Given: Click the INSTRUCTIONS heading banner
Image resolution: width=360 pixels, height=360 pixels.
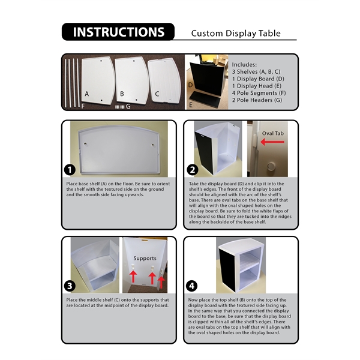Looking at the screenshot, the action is pyautogui.click(x=118, y=32).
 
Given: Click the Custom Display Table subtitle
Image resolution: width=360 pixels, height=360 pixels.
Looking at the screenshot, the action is pyautogui.click(x=236, y=33).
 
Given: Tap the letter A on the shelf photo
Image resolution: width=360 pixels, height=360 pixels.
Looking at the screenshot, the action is pyautogui.click(x=86, y=94).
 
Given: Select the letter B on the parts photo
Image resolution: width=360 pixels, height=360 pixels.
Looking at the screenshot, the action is pyautogui.click(x=122, y=94).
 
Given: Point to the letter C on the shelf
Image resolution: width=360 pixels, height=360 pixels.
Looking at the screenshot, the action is pyautogui.click(x=157, y=94).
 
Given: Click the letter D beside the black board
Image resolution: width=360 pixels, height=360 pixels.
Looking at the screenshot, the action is pyautogui.click(x=190, y=85).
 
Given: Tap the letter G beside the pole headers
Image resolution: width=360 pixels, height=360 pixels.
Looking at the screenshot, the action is pyautogui.click(x=128, y=107).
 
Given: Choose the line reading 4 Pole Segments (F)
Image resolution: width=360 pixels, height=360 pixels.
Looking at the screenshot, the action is pyautogui.click(x=259, y=93).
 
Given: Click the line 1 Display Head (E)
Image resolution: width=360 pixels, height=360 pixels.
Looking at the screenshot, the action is pyautogui.click(x=256, y=86).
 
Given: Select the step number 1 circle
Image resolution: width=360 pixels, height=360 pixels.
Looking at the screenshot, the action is pyautogui.click(x=70, y=170).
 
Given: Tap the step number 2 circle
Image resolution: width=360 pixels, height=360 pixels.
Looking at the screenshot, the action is pyautogui.click(x=193, y=170).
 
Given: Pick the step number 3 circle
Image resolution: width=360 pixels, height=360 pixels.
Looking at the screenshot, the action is pyautogui.click(x=70, y=286).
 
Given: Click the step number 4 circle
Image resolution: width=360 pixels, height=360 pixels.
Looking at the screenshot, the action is pyautogui.click(x=191, y=286).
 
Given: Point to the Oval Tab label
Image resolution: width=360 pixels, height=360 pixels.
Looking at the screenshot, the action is pyautogui.click(x=273, y=133).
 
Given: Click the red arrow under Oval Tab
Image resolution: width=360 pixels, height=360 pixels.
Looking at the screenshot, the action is pyautogui.click(x=272, y=142).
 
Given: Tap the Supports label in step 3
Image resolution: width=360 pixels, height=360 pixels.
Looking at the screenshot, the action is pyautogui.click(x=145, y=259).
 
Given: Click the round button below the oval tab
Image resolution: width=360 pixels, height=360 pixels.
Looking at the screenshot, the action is pyautogui.click(x=271, y=166).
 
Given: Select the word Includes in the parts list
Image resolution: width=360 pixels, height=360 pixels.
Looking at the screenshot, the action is pyautogui.click(x=244, y=65).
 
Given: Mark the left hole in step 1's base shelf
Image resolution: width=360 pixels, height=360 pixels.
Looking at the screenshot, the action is pyautogui.click(x=85, y=144).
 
